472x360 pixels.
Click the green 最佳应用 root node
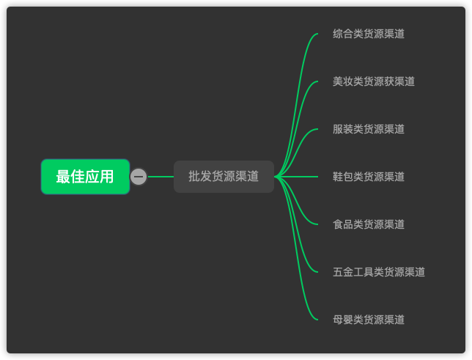pos(86,177)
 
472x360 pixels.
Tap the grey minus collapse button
pos(139,177)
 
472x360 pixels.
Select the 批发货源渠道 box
pos(224,177)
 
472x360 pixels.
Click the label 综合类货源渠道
pos(369,34)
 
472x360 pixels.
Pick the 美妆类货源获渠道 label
pos(374,81)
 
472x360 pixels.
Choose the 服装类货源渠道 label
pos(369,129)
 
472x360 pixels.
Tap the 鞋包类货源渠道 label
pos(369,177)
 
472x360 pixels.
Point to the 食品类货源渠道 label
pos(369,224)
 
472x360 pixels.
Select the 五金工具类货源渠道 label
pos(379,272)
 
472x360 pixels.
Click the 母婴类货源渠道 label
pos(369,320)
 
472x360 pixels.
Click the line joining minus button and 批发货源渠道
pos(161,177)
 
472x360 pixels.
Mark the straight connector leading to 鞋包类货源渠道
pos(296,177)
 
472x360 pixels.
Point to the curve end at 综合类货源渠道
pos(317,34)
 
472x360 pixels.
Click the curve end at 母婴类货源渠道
pos(317,320)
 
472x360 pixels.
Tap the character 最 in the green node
pos(63,177)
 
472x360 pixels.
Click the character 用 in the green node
pos(107,177)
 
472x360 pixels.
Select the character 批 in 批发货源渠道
pos(194,176)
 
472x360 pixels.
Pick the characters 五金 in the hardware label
pos(343,272)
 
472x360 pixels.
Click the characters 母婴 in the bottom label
pos(343,320)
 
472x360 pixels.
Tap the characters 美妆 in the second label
pos(343,81)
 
